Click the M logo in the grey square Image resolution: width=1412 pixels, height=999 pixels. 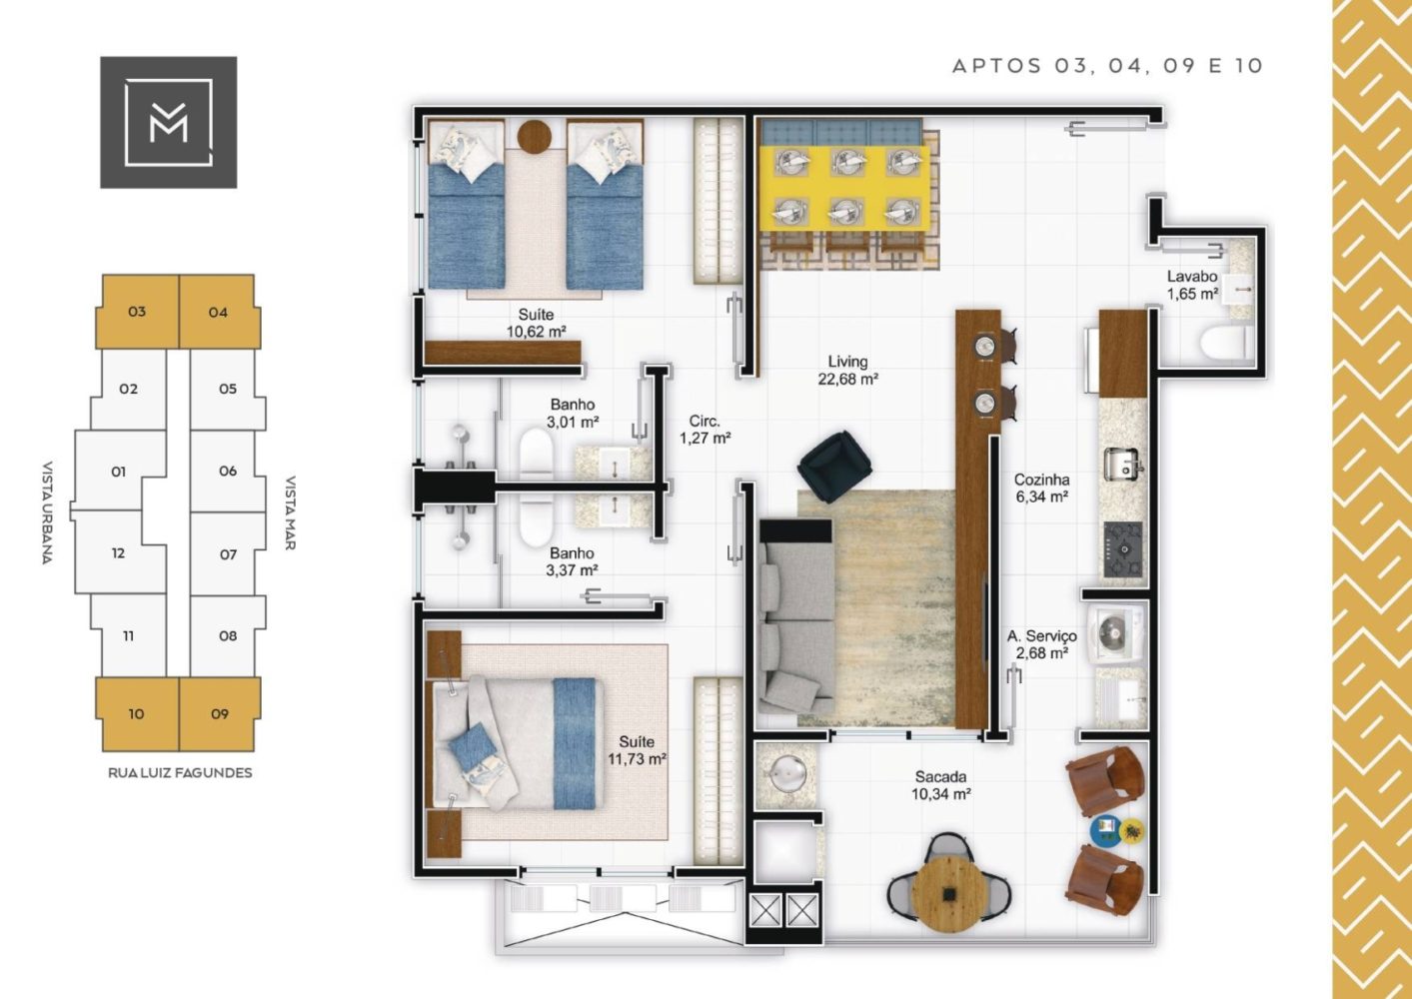[x=168, y=122]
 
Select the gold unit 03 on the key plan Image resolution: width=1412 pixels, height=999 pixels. [x=138, y=312]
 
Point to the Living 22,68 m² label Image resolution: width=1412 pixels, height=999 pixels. [x=847, y=370]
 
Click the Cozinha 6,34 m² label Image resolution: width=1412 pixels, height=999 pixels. [x=1040, y=488]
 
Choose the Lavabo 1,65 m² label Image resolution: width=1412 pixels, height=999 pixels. [x=1191, y=285]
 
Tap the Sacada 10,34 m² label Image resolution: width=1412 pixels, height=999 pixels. [x=940, y=785]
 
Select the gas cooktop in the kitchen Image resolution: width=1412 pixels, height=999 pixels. [x=1123, y=549]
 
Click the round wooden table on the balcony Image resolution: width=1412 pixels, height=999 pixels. [x=948, y=891]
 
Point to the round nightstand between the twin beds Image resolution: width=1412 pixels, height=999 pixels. [x=535, y=136]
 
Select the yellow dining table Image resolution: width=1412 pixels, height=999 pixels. [x=844, y=189]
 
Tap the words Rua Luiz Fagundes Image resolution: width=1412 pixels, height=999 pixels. [x=180, y=773]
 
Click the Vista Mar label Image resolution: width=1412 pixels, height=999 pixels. [x=291, y=512]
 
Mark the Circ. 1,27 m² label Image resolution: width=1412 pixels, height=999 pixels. [x=705, y=429]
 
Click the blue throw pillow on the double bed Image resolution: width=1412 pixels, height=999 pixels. [x=472, y=745]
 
